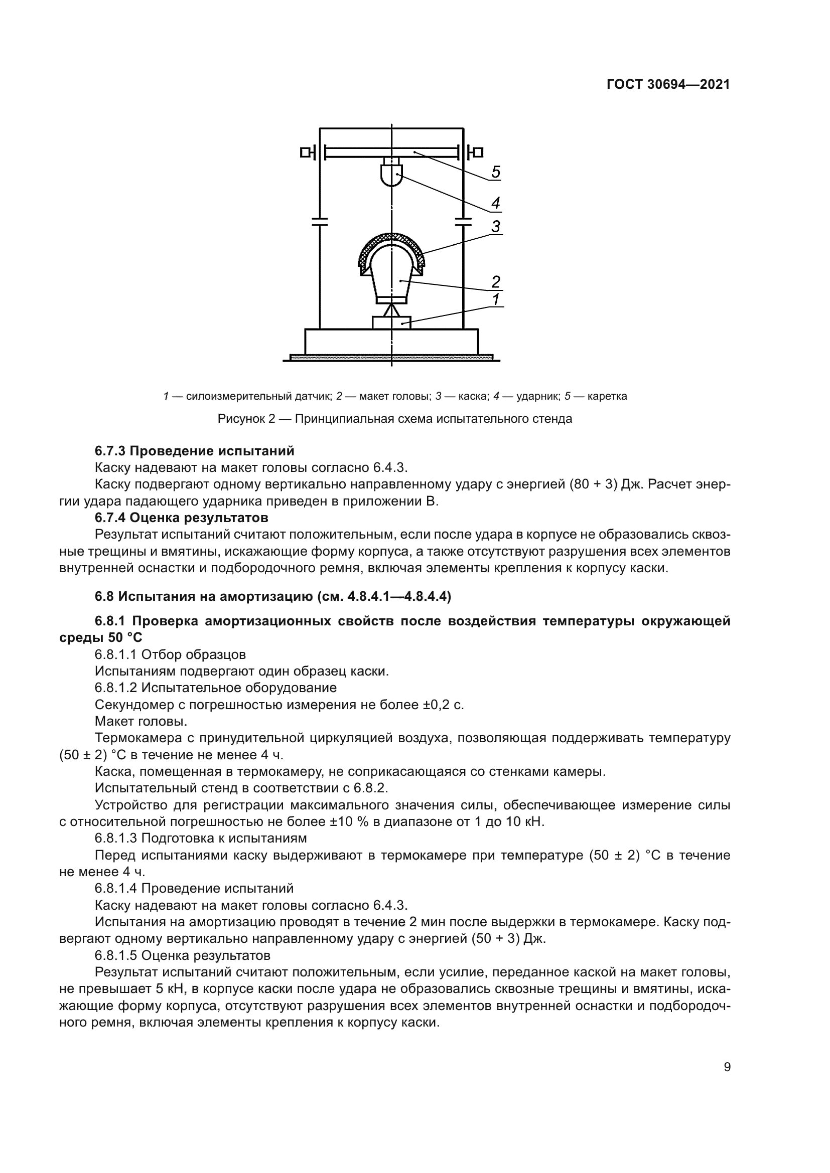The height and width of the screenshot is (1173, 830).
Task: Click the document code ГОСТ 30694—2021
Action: click(668, 85)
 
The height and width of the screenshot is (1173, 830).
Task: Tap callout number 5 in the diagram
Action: click(495, 173)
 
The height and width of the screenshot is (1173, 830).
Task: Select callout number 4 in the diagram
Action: click(495, 204)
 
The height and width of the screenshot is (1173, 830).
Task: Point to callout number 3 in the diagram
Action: click(495, 227)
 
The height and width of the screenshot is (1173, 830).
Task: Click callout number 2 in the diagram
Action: click(495, 282)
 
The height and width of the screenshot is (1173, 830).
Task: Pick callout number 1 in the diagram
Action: click(495, 299)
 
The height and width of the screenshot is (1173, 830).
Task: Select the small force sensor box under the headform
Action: click(391, 323)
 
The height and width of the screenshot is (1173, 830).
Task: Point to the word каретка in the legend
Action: click(607, 396)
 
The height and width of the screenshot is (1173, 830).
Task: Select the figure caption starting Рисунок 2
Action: click(394, 419)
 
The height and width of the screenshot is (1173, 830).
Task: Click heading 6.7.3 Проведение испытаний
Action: click(195, 451)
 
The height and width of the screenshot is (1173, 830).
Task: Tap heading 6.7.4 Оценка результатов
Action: click(182, 518)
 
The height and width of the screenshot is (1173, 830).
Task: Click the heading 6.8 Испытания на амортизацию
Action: click(273, 596)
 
